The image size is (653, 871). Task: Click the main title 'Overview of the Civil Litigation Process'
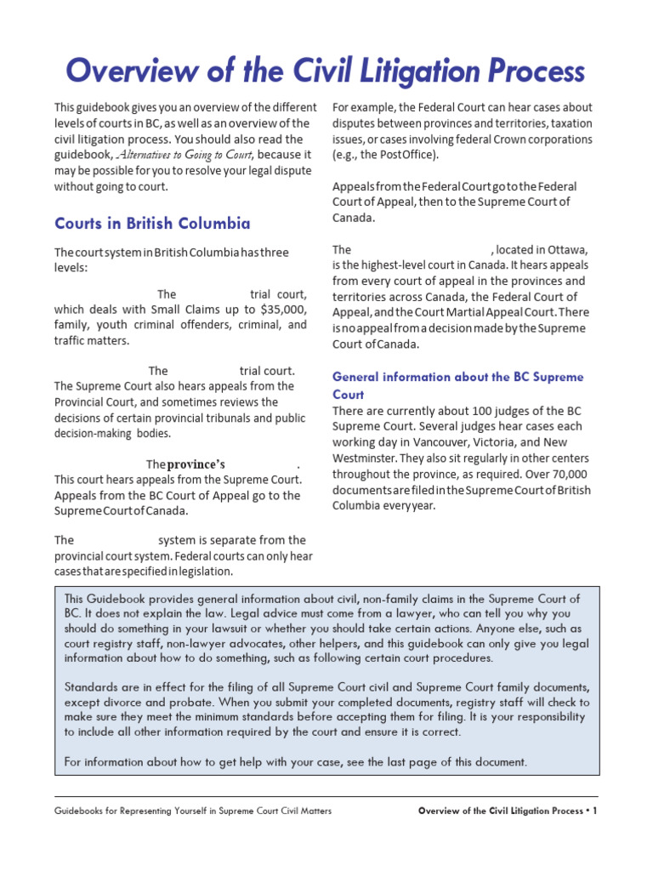pos(326,71)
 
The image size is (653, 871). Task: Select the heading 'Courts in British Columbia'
pos(152,224)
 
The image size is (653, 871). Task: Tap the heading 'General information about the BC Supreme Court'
pos(457,385)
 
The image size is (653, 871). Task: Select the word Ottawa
pos(565,250)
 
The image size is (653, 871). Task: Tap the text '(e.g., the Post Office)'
pos(386,156)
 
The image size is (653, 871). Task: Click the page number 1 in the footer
pos(595,811)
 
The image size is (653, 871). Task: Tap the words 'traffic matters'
pos(92,340)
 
